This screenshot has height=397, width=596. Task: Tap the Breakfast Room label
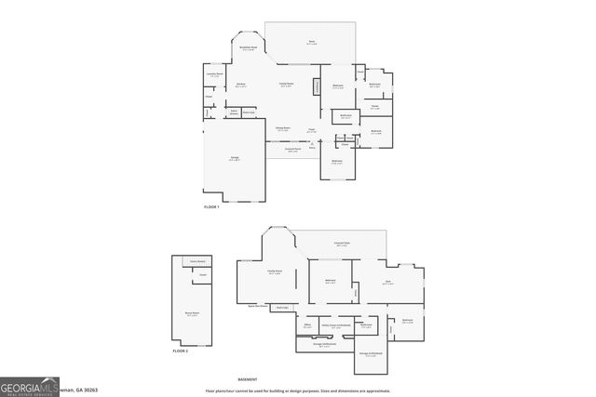pos(248,48)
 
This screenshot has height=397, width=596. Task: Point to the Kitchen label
pos(239,86)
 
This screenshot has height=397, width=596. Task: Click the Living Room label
pos(286,85)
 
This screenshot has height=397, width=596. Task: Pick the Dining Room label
pos(282,129)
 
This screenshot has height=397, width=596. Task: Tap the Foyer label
pos(311,130)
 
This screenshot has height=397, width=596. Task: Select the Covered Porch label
pos(292,151)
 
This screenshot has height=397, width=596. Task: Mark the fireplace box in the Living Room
pos(317,86)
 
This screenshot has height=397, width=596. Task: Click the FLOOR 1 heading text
pos(211,206)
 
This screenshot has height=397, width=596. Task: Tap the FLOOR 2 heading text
pos(181,351)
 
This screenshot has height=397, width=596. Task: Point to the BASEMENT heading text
pos(247,379)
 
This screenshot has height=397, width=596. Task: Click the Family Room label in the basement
pos(275,272)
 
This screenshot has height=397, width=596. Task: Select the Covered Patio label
pos(342,244)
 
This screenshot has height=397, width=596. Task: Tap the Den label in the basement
pos(387,282)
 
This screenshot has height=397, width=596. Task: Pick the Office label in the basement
pos(307,325)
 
